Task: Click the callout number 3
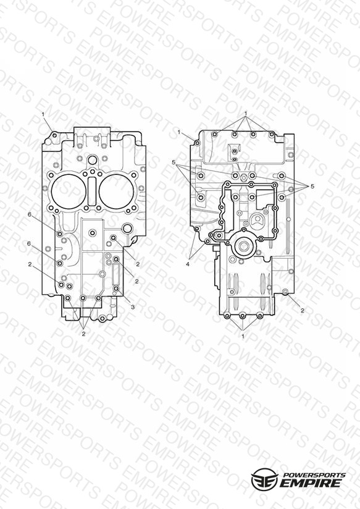click(132, 307)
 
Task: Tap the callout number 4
click(188, 264)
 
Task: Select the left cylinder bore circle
click(68, 193)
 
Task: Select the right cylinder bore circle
click(116, 192)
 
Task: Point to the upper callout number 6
click(30, 214)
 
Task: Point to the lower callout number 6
click(29, 243)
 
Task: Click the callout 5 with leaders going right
click(174, 162)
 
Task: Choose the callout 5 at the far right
click(312, 187)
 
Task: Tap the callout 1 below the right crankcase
click(243, 337)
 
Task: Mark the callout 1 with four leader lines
click(246, 114)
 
